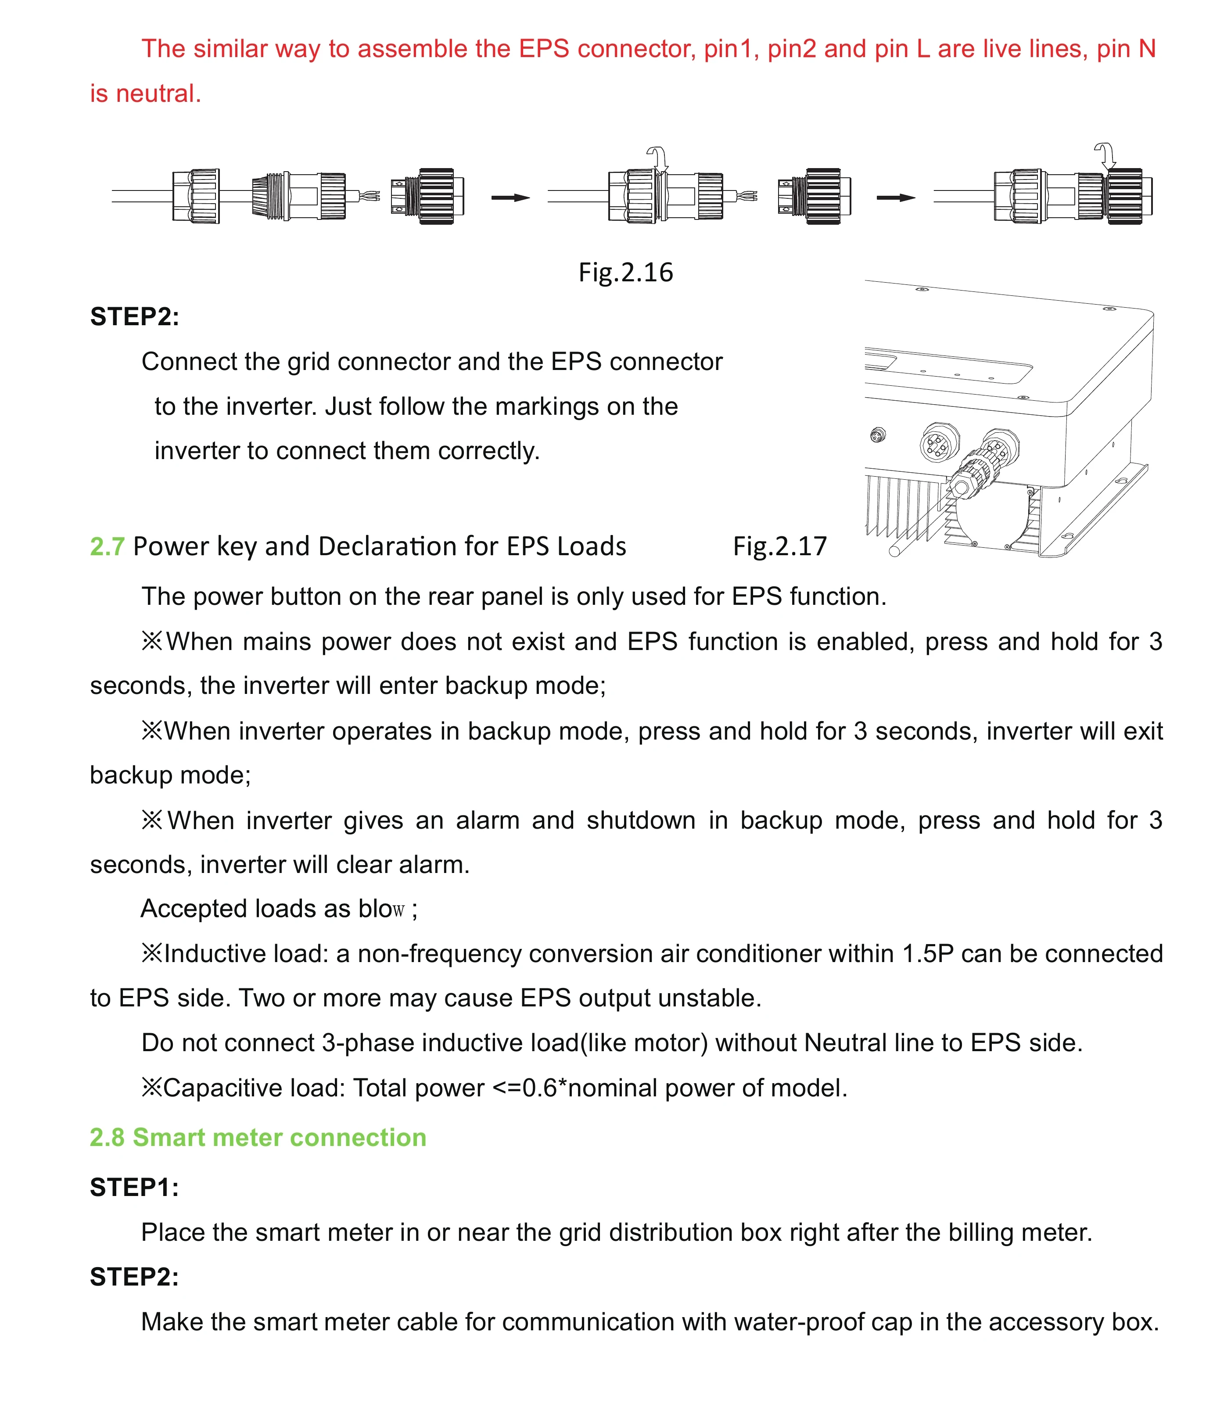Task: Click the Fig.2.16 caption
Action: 625,273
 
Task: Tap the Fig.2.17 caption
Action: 780,546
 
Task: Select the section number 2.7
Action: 107,546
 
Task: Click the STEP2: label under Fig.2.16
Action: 134,316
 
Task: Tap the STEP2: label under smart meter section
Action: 134,1277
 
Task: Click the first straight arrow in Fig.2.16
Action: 510,198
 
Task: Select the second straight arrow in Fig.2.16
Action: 896,198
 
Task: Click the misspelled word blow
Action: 381,909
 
